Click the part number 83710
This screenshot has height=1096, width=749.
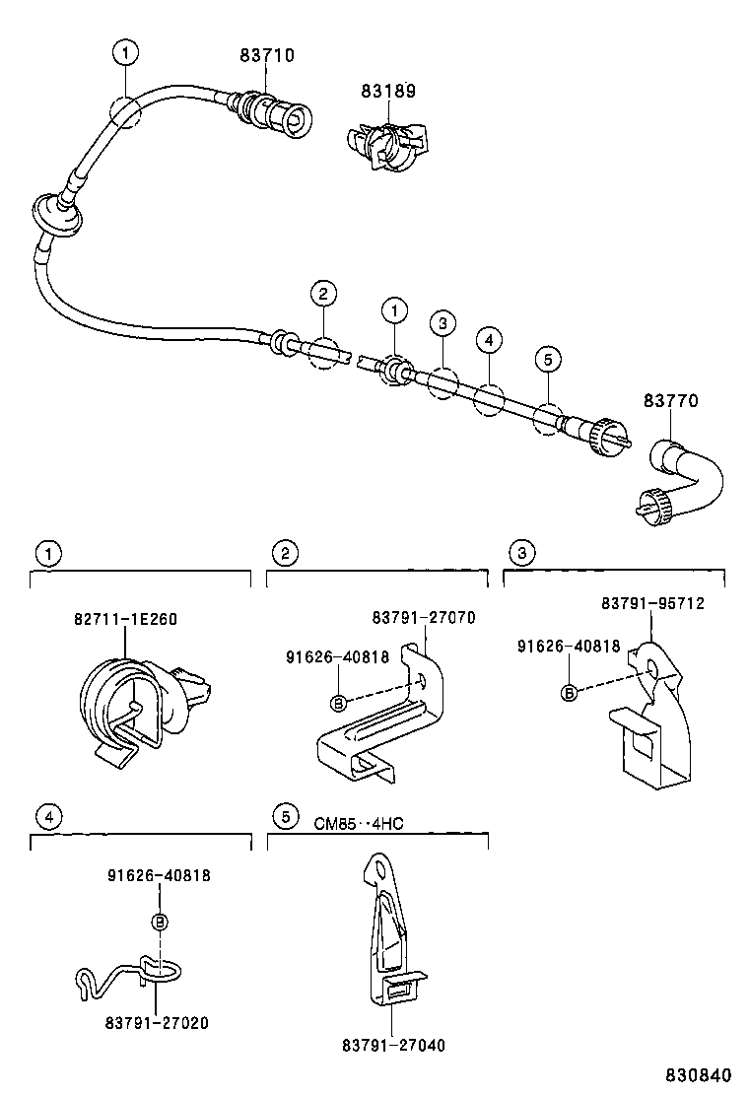[266, 56]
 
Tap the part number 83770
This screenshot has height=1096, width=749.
[671, 401]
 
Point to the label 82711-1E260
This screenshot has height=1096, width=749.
[125, 619]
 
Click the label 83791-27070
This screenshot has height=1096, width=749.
[424, 618]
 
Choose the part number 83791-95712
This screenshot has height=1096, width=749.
[652, 603]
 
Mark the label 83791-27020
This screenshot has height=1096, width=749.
[157, 1023]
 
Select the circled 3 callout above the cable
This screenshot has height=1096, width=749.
[443, 323]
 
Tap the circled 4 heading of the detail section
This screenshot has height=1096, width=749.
[46, 816]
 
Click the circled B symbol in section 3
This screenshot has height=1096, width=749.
[568, 694]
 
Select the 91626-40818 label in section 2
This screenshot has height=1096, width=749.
[337, 656]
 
